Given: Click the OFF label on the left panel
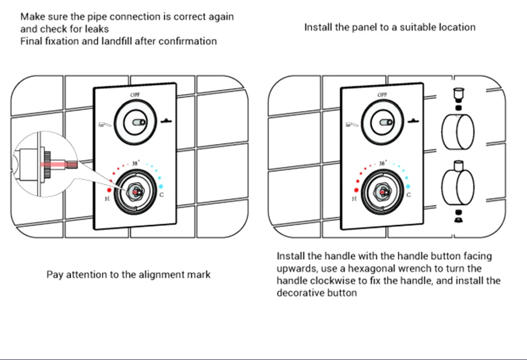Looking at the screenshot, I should pos(135,95).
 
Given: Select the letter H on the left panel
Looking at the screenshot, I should pos(108,200).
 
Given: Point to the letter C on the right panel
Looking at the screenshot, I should pos(408,195).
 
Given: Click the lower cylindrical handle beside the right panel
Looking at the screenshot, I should pos(457,186).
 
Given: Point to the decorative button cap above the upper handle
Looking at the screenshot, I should pos(457,94).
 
